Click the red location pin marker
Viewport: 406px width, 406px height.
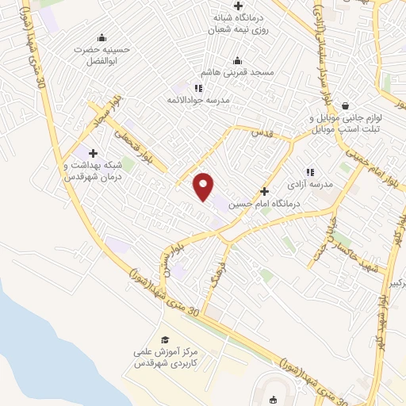coord(204,185)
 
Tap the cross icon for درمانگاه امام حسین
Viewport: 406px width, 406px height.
coord(265,191)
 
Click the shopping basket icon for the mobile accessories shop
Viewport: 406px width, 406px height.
coord(345,105)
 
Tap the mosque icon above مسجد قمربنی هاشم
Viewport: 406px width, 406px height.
coord(237,60)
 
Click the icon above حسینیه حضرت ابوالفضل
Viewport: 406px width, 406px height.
coord(101,37)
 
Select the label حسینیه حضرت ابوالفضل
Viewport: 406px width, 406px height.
coord(101,55)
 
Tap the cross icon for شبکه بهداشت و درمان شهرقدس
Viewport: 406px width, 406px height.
coord(93,152)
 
